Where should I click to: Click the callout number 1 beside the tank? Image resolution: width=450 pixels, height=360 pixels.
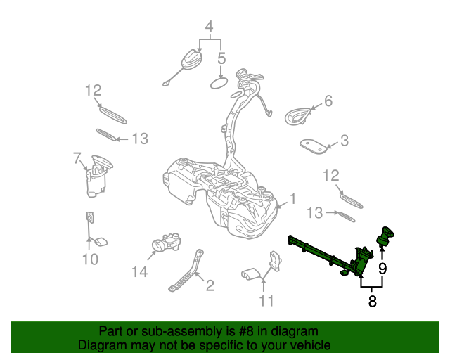[x=293, y=199]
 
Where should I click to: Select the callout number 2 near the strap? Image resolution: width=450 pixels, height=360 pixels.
[x=209, y=285]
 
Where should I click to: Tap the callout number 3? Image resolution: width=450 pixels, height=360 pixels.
[x=344, y=141]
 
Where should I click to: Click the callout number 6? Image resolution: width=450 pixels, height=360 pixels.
[x=328, y=101]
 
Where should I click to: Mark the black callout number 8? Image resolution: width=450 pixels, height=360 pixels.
[x=372, y=302]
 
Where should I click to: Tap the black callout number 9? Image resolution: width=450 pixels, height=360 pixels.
[x=382, y=268]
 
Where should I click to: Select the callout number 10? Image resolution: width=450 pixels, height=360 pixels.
[x=90, y=260]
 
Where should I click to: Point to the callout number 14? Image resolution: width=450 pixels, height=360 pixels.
[x=141, y=271]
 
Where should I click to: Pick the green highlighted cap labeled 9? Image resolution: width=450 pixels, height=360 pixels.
[x=385, y=236]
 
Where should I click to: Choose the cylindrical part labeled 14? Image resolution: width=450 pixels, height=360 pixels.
[x=168, y=244]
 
